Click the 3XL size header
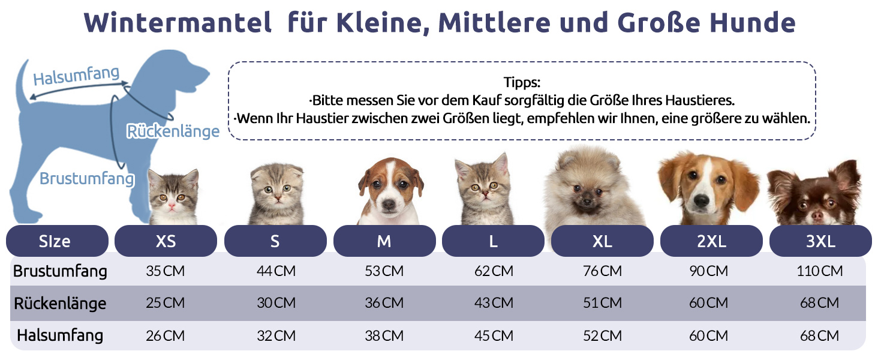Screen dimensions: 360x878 point(820,241)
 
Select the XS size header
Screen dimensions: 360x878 point(166,241)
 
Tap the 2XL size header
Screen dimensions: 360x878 point(711,241)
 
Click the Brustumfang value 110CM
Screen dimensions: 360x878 point(820,271)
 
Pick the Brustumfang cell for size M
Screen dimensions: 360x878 point(384,271)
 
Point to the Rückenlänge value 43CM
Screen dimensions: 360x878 point(494,303)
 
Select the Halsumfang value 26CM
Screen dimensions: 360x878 point(166,335)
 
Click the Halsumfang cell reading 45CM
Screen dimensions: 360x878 point(494,335)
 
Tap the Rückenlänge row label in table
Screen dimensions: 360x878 point(60,303)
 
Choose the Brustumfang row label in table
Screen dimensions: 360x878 point(60,271)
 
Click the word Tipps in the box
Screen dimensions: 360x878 point(522,82)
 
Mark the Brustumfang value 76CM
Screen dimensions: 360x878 point(602,271)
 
